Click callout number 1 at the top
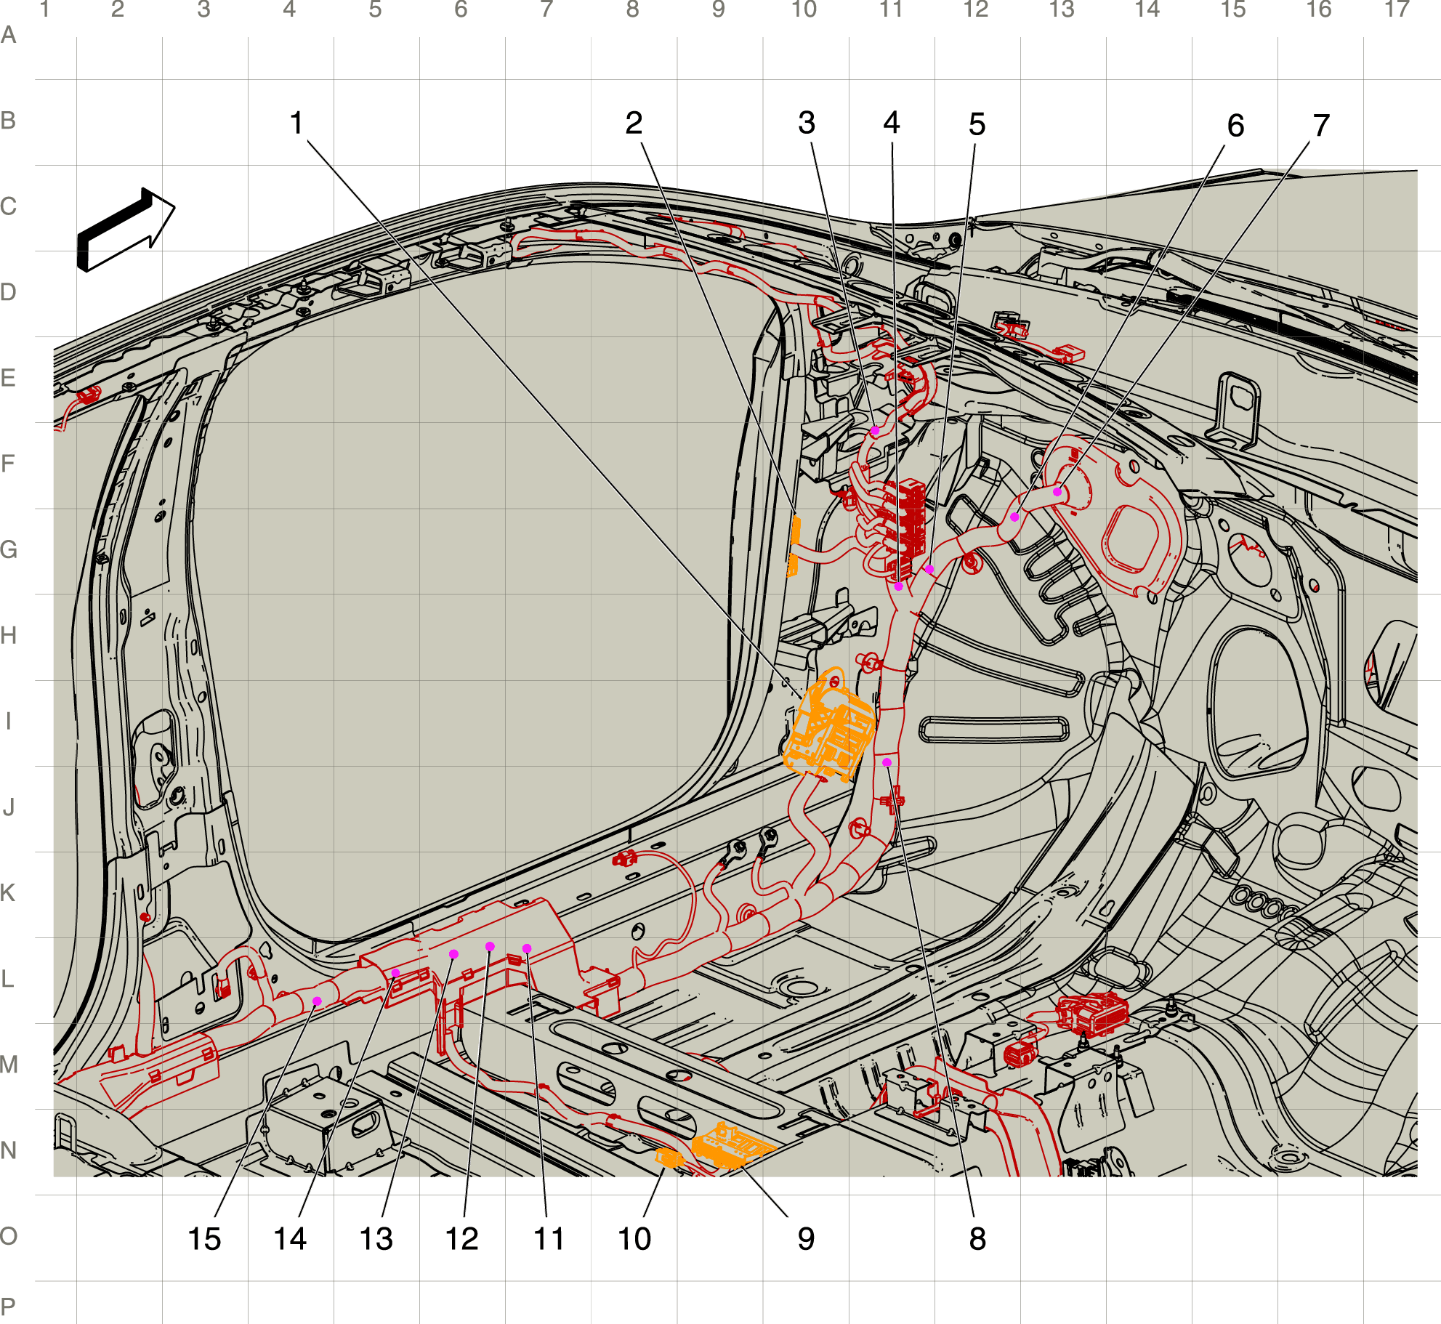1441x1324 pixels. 296,123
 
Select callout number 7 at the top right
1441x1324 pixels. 1321,126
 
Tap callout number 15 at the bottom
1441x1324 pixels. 204,1238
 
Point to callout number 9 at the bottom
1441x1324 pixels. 806,1238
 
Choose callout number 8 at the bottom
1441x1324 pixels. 977,1238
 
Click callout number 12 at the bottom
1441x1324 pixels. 462,1238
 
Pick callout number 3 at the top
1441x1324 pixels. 807,123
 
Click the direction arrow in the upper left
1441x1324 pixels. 126,230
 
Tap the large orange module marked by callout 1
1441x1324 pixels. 828,727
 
